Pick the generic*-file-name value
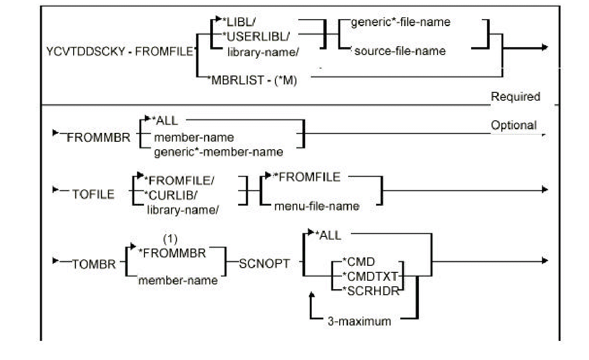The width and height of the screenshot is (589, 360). tap(400, 22)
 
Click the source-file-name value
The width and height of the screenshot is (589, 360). tap(399, 51)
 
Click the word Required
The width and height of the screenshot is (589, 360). tap(515, 97)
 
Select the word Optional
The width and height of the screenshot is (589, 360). tap(514, 125)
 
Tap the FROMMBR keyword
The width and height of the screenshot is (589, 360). tap(99, 138)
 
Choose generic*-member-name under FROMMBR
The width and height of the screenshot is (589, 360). tap(218, 152)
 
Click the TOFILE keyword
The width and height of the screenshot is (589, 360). tap(93, 194)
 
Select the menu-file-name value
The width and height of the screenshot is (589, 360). tap(316, 206)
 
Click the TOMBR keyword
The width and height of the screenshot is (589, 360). tap(93, 265)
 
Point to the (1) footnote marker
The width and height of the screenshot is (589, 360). tap(170, 239)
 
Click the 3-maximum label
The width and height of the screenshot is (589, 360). tap(359, 321)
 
